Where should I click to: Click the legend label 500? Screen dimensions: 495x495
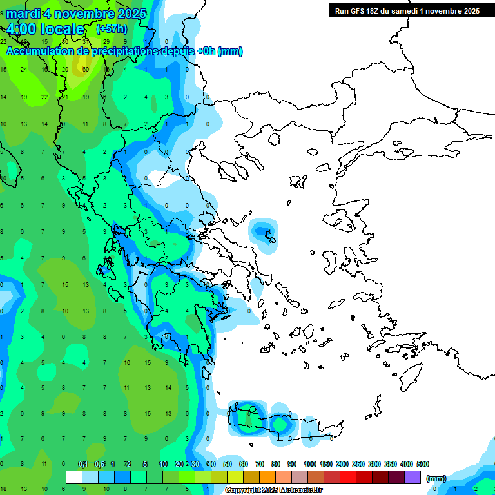point(423,464)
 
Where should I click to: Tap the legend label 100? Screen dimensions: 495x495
point(309,464)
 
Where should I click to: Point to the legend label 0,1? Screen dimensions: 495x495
point(83,464)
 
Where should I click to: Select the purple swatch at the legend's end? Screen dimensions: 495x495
point(412,477)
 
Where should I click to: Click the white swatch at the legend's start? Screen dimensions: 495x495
point(74,477)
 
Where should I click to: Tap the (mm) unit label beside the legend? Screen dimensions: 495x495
point(436,478)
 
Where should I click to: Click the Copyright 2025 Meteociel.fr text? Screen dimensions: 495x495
point(274,490)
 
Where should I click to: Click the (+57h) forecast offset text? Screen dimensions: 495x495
point(112,29)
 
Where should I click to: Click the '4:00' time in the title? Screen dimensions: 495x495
point(23,29)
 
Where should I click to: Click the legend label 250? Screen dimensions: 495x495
point(358,464)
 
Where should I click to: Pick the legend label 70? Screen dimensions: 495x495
point(260,464)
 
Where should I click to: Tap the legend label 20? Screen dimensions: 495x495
point(179,464)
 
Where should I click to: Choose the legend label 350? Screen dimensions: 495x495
point(391,464)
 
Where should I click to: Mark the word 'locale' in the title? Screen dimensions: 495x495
point(62,29)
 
